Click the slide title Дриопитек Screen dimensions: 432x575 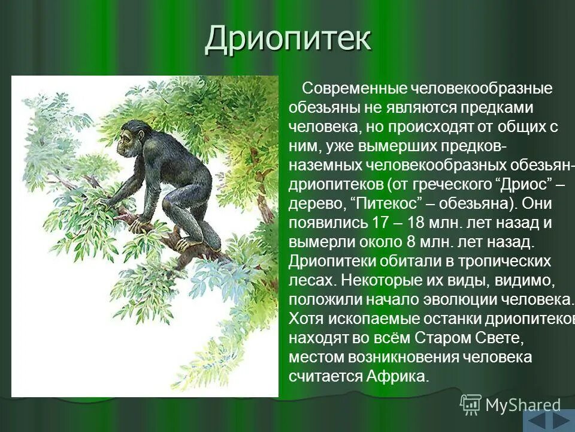tap(288, 40)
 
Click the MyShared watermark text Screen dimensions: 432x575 tap(523, 406)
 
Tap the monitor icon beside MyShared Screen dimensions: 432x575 tap(471, 404)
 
